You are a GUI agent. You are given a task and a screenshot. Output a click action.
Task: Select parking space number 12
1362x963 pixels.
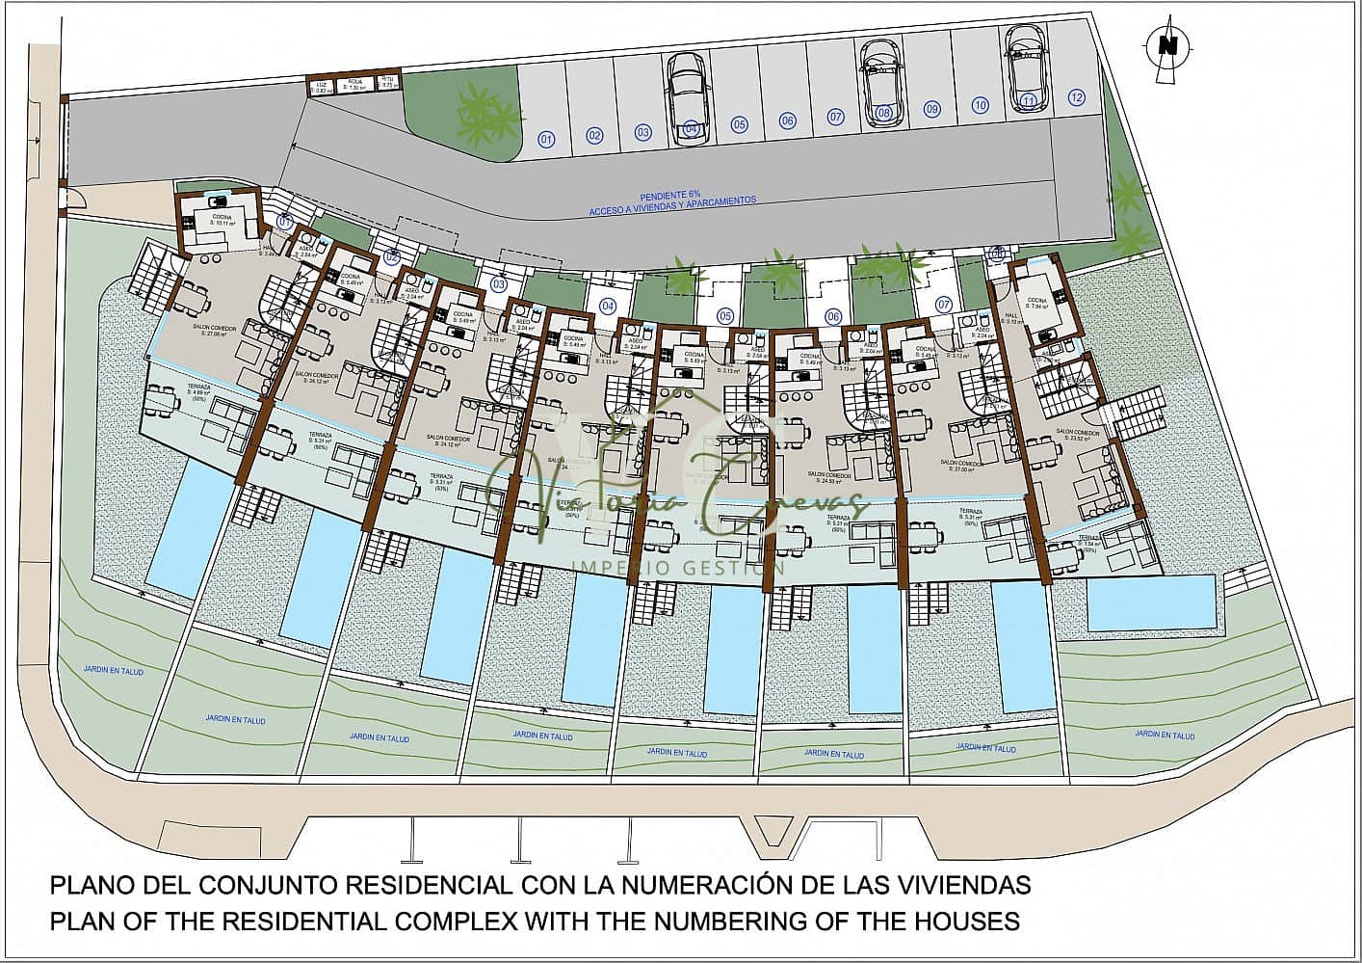pyautogui.click(x=1076, y=97)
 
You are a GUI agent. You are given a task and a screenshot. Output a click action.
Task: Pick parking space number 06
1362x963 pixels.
pyautogui.click(x=788, y=120)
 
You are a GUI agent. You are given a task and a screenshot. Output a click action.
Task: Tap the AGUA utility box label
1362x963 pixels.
pyautogui.click(x=355, y=85)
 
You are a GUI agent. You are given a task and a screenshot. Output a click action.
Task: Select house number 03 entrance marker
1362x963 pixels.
pyautogui.click(x=498, y=284)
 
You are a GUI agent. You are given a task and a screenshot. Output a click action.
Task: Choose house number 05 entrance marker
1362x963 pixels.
pyautogui.click(x=725, y=316)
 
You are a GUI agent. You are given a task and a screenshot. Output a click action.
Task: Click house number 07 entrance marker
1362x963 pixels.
pyautogui.click(x=944, y=305)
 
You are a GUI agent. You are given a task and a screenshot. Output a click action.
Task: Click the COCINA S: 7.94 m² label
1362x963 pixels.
pyautogui.click(x=1036, y=305)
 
